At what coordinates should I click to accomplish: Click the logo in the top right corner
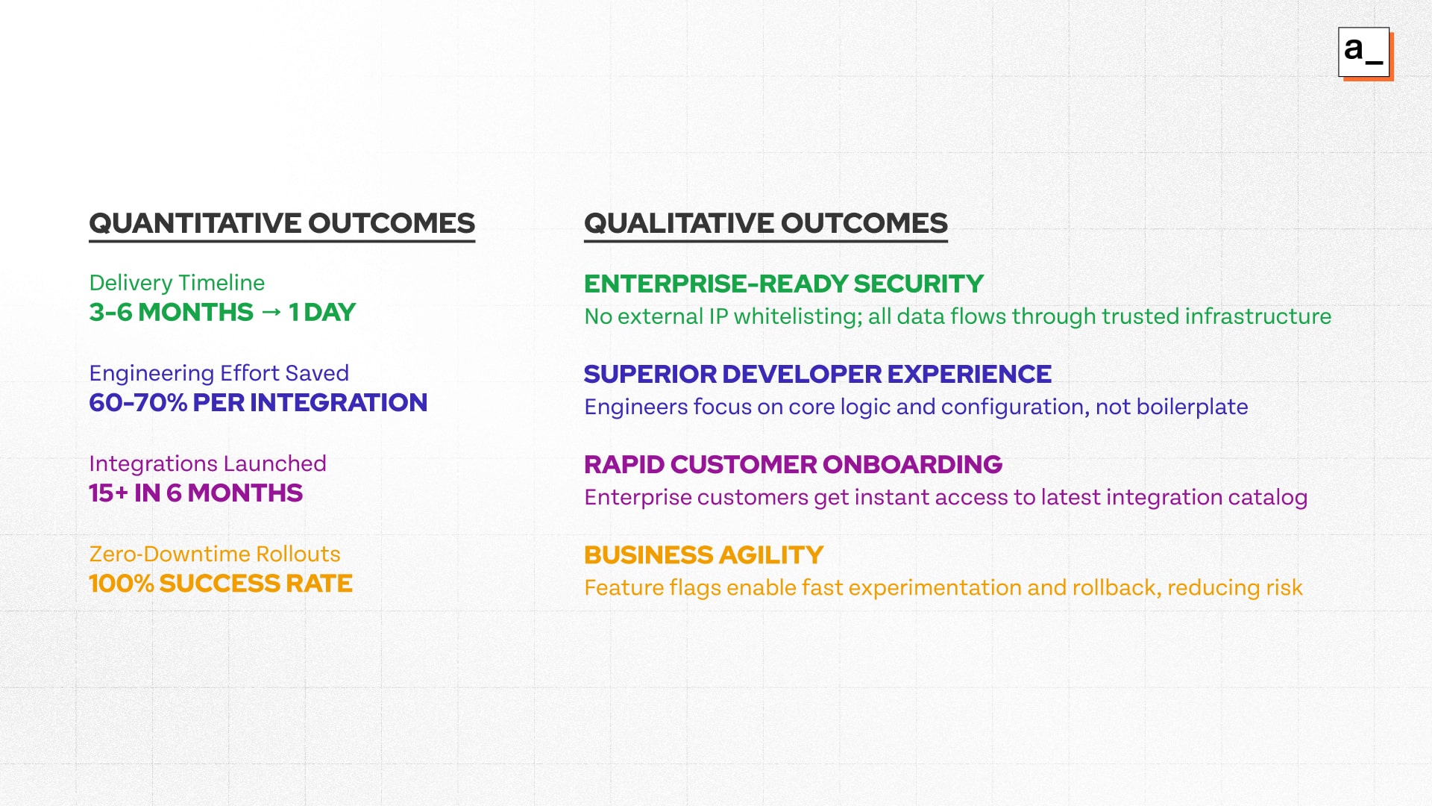coord(1365,53)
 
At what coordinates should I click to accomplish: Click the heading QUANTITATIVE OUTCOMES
coord(282,223)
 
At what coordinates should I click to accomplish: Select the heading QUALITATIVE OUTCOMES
coord(765,223)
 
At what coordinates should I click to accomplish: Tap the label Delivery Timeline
coord(177,283)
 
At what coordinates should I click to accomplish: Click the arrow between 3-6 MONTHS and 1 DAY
coord(271,312)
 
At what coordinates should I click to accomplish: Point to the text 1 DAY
coord(322,312)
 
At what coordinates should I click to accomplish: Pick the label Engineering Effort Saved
coord(219,373)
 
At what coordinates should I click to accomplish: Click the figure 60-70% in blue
coord(138,403)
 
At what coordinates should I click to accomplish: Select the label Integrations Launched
coord(207,463)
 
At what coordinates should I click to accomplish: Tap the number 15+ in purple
coord(109,493)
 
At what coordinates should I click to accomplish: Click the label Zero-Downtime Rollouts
coord(214,554)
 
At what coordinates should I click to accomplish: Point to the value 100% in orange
coord(121,584)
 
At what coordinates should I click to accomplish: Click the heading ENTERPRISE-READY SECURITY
coord(783,284)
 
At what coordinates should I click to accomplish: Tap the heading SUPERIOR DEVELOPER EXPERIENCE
coord(817,374)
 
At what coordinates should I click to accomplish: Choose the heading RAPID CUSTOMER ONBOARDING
coord(793,464)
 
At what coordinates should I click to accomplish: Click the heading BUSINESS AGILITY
coord(703,554)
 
